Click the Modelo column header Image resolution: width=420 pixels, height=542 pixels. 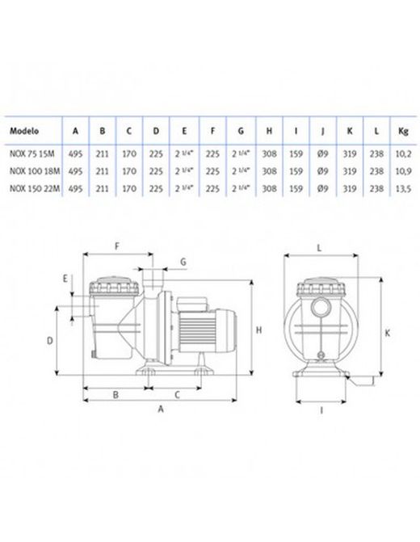24,131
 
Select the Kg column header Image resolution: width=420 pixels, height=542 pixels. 403,132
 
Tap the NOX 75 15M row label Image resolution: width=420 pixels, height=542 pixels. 31,153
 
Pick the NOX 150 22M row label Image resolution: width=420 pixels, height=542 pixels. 35,188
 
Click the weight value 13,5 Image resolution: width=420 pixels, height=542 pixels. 403,188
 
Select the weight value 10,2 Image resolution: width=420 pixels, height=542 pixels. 403,153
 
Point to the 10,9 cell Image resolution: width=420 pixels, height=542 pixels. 403,171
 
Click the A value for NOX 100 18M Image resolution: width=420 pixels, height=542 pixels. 75,171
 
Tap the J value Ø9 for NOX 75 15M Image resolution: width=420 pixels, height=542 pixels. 322,153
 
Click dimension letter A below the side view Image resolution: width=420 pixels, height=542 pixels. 161,410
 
